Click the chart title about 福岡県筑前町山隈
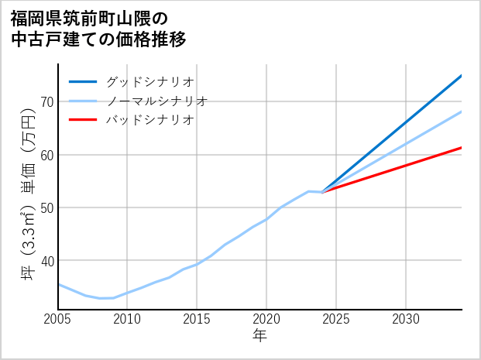(99, 28)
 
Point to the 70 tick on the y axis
(46, 101)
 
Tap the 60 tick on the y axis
(46, 154)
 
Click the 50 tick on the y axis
(46, 207)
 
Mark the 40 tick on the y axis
(46, 260)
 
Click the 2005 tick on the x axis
(58, 318)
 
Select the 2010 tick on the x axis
(128, 318)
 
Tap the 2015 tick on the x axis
(198, 318)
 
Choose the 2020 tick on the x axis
(266, 318)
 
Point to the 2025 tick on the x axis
(336, 318)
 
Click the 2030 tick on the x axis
(406, 318)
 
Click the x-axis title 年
(260, 336)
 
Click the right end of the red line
(462, 147)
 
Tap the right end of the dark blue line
(462, 75)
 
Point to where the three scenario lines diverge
(322, 192)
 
